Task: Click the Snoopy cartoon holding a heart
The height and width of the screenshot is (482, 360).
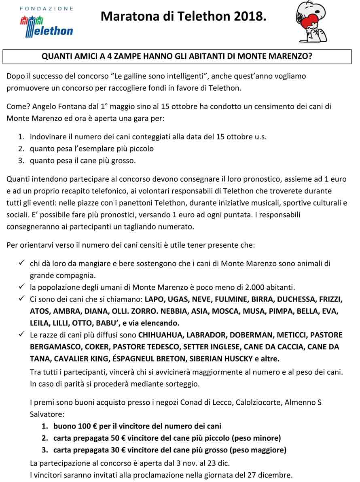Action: tap(312, 22)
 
